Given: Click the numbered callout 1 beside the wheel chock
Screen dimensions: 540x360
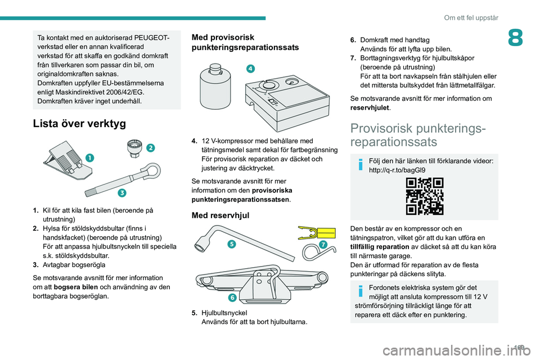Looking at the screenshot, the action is click(89, 157).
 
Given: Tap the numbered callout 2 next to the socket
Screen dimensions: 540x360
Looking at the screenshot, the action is click(151, 148).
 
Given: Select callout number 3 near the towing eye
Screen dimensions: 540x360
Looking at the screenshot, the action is click(122, 193).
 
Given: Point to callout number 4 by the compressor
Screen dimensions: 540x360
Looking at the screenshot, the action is click(250, 69).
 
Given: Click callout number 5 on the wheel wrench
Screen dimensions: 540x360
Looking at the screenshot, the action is click(232, 244).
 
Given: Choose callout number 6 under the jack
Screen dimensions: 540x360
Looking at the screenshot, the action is click(232, 298).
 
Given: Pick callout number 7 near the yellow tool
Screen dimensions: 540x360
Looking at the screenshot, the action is click(323, 245).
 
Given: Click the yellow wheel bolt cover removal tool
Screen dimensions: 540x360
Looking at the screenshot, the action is click(317, 233).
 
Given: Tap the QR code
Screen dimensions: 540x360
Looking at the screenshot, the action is click(424, 196).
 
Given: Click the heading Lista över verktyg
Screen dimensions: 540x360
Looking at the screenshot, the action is click(79, 123).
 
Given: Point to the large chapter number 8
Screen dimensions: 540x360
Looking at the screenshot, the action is click(515, 38).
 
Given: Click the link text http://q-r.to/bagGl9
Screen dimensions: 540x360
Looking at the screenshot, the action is click(397, 170).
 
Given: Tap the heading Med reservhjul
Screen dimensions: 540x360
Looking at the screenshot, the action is click(220, 215).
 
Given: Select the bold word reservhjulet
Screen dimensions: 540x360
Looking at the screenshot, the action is click(370, 107).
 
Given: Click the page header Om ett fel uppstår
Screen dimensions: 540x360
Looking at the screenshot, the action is click(471, 17).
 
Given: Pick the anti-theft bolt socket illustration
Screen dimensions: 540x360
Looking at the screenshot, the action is click(134, 148).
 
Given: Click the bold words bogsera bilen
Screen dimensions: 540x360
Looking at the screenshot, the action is click(76, 287).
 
